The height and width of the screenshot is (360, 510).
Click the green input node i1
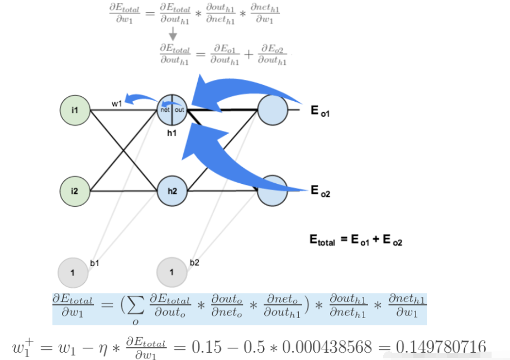click(x=75, y=110)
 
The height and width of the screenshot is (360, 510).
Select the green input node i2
click(x=75, y=191)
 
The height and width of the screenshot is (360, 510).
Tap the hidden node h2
click(x=172, y=191)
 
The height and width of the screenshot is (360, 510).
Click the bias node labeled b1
click(x=73, y=272)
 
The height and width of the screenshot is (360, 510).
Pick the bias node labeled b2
click(x=171, y=272)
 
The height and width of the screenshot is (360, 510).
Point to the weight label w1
click(x=117, y=103)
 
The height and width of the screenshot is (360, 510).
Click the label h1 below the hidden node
click(x=172, y=133)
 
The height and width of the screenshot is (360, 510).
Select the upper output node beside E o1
click(x=272, y=110)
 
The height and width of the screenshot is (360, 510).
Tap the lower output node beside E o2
click(x=272, y=191)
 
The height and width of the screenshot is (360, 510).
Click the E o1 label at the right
click(x=321, y=111)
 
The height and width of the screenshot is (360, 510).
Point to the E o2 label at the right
click(x=321, y=192)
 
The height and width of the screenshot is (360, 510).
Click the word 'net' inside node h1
click(x=165, y=110)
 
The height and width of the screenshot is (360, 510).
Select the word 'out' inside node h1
click(x=179, y=110)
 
